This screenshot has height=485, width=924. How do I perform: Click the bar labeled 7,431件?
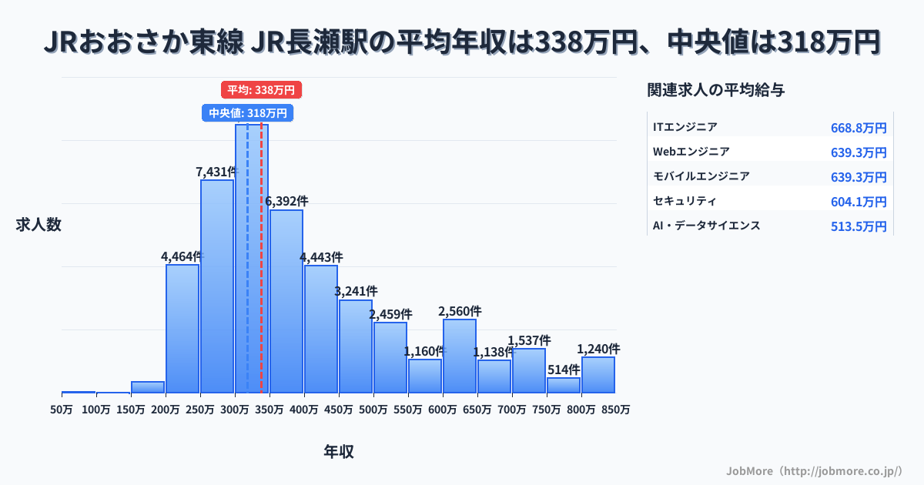coord(217,286)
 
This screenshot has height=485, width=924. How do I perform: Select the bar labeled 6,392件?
coord(286,301)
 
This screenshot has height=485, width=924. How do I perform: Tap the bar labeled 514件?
coord(564,385)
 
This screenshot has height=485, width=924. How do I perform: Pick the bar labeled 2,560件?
coord(460,356)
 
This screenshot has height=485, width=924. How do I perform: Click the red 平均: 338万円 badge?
coord(261,90)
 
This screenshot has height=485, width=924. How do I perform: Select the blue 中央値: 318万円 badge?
coord(247,113)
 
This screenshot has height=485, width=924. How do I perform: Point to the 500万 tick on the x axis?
coord(373,410)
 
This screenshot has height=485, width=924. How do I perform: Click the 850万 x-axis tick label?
coord(616,410)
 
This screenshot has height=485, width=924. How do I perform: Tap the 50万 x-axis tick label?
coord(62,410)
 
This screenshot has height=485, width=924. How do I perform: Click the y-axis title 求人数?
coord(38,225)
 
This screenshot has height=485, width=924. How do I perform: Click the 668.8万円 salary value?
coord(859,128)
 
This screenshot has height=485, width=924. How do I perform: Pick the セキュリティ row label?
coord(685,201)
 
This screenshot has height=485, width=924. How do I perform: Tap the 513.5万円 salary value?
coord(859,226)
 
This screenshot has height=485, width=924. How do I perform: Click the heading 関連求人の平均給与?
coord(716,90)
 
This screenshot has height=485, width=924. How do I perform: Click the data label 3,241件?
coord(356,291)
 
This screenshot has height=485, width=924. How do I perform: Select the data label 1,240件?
coord(598,349)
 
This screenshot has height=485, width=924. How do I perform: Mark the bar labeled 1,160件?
coord(425,376)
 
